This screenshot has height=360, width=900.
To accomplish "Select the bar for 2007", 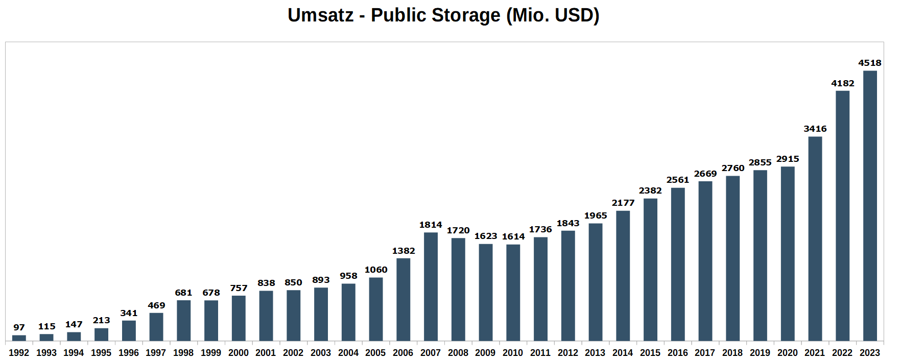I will tap(431, 286).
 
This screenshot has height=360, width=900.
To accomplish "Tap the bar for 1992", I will tap(19, 338).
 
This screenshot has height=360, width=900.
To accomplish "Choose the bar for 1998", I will tap(183, 320).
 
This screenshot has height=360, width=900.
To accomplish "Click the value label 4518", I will tap(870, 63).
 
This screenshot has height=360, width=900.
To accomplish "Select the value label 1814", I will tap(431, 225).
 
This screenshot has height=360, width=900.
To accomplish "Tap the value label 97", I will tap(19, 327).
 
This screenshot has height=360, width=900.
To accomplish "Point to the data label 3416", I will tap(815, 129).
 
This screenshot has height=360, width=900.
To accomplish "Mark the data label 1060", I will tap(376, 270).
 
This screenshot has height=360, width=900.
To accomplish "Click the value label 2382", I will tap(650, 190).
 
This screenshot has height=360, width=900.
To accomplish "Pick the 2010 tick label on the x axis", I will tap(513, 353).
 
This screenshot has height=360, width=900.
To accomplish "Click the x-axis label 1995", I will tap(101, 353).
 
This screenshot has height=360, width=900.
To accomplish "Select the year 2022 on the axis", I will tap(842, 353).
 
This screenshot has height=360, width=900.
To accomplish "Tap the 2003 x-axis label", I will tap(321, 353).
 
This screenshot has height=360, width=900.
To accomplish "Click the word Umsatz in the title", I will tap(320, 15).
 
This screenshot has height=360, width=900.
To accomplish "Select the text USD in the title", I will tap(574, 15).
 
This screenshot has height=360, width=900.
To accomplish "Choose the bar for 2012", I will tap(568, 285).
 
